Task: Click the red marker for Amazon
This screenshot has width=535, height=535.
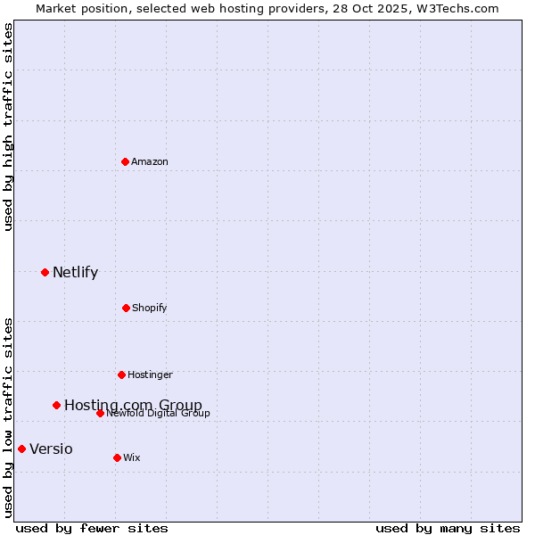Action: click(x=125, y=161)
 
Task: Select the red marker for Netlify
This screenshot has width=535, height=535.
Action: click(x=45, y=272)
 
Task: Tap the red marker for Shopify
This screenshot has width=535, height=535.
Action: click(x=126, y=308)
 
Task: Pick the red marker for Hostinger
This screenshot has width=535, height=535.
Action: click(x=121, y=374)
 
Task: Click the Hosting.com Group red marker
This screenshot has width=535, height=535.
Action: click(x=56, y=405)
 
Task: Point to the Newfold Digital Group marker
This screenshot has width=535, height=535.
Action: click(x=100, y=413)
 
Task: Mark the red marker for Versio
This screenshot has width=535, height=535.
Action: click(x=21, y=449)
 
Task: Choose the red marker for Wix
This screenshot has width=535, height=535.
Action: click(x=117, y=457)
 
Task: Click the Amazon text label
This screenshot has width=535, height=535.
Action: click(x=150, y=161)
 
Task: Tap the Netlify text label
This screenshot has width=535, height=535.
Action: click(x=75, y=272)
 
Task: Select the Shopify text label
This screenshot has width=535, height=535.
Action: click(x=150, y=308)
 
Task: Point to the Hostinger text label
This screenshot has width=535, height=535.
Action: click(x=150, y=374)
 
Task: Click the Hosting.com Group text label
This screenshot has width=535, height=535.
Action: click(x=133, y=405)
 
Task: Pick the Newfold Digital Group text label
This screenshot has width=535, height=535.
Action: click(x=159, y=413)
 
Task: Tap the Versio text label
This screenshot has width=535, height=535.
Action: click(x=51, y=449)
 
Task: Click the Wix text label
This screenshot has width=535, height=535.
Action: click(x=132, y=457)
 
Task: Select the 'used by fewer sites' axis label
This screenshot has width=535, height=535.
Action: click(x=92, y=528)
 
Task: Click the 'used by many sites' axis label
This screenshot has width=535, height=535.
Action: click(x=448, y=528)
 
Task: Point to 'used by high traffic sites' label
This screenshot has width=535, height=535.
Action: click(x=8, y=127)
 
